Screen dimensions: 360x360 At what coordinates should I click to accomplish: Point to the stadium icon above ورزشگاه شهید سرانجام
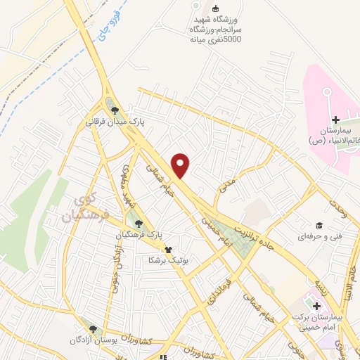(x=195, y=8)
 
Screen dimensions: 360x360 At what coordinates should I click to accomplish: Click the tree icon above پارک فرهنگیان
(x=139, y=223)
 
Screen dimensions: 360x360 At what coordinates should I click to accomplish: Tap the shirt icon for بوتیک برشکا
(x=167, y=249)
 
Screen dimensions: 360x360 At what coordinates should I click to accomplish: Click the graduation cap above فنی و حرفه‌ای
(x=319, y=225)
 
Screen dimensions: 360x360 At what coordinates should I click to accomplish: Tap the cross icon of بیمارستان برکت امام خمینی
(x=316, y=306)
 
